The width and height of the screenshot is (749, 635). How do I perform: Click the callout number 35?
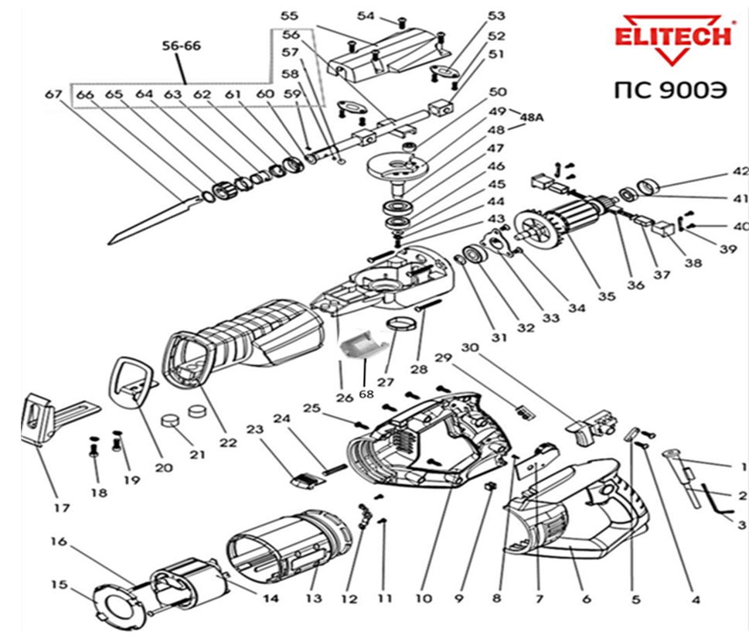606,296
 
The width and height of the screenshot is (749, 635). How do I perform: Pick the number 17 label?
62,508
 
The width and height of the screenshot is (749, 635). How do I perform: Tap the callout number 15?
60,585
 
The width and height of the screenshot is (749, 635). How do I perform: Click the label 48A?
533,116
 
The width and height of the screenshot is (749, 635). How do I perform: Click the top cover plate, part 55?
386,54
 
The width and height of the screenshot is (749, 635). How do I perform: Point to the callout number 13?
312,599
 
